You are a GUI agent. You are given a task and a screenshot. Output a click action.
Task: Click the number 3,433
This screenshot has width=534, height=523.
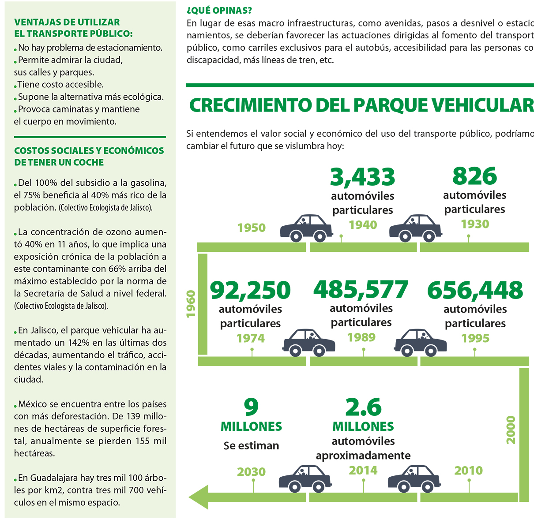362,177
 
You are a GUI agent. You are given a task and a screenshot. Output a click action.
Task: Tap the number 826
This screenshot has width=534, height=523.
474,176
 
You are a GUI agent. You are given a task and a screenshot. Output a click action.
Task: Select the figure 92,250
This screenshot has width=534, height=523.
250,290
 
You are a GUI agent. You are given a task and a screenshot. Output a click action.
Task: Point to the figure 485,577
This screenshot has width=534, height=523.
361,290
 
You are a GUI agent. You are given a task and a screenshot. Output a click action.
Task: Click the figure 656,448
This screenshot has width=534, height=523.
475,290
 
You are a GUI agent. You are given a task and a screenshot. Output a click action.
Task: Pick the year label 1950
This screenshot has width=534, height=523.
252,228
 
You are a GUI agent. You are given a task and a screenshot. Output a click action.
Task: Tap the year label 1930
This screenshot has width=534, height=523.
475,224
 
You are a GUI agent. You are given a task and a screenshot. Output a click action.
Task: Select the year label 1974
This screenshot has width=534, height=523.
251,338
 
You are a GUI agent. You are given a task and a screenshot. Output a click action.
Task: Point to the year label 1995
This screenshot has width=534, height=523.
475,338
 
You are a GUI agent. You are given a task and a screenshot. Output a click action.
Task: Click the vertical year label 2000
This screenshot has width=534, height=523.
511,430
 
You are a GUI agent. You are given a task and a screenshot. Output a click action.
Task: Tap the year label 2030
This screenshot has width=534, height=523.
252,472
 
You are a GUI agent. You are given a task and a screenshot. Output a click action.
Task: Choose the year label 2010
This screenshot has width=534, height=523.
469,471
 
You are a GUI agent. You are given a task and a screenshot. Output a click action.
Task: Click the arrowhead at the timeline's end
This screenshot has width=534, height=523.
198,497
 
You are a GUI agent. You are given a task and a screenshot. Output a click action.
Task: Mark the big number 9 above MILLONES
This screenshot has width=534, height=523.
251,407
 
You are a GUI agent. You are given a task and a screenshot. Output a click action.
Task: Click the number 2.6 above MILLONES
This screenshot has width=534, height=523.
363,407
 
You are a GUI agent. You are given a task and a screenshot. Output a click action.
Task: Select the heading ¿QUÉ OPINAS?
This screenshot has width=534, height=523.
219,11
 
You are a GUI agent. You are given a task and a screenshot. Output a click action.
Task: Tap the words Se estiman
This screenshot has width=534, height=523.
251,445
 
